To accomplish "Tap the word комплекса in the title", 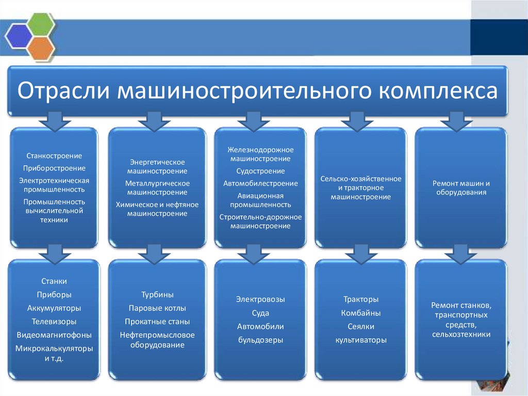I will pyautogui.click(x=439, y=90).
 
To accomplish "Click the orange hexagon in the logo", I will pyautogui.click(x=41, y=47).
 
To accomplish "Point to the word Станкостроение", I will pyautogui.click(x=54, y=155).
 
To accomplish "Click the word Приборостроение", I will pyautogui.click(x=54, y=168).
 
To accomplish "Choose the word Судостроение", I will pyautogui.click(x=260, y=171).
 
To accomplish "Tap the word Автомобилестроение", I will pyautogui.click(x=260, y=183).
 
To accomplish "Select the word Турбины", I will pyautogui.click(x=157, y=295).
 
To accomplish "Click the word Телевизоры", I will pyautogui.click(x=54, y=321).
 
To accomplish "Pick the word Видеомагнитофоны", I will pyautogui.click(x=54, y=335).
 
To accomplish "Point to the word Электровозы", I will pyautogui.click(x=260, y=299).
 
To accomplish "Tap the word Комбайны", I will pyautogui.click(x=361, y=313).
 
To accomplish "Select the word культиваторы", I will pyautogui.click(x=361, y=340).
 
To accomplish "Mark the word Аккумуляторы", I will pyautogui.click(x=54, y=308).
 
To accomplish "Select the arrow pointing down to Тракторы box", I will pyautogui.click(x=360, y=254).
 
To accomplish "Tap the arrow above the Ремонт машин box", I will pyautogui.click(x=455, y=122).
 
